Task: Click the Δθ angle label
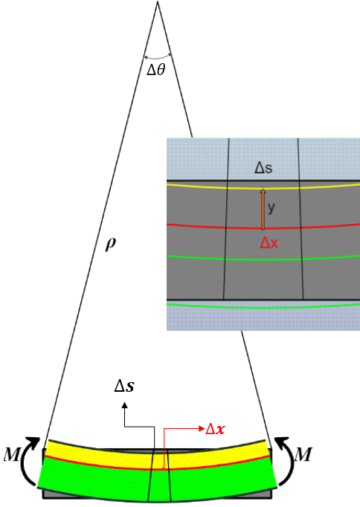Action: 156,70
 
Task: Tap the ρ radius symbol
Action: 110,245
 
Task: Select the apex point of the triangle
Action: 158,1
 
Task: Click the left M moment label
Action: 12,454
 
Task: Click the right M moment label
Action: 303,454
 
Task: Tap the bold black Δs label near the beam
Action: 124,386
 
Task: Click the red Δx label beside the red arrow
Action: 215,429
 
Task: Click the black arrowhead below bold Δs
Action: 124,405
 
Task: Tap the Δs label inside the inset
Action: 263,168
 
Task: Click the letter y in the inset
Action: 271,207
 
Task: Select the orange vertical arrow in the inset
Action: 263,210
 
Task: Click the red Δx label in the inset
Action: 269,243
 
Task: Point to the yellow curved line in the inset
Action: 263,187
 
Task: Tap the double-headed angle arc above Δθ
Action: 157,58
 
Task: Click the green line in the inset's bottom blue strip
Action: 263,307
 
